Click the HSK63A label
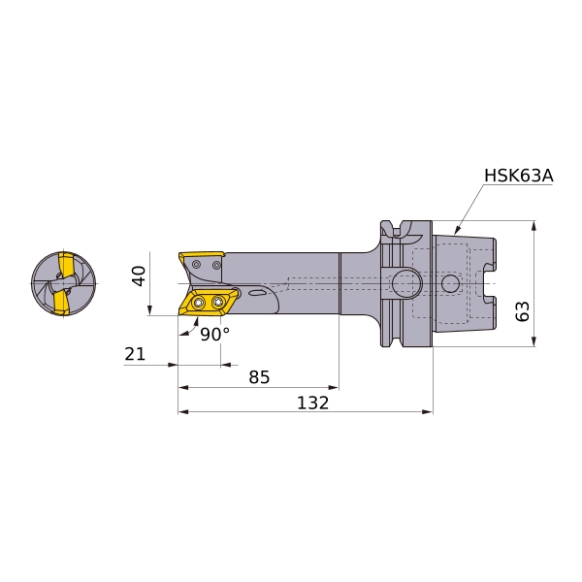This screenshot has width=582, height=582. pyautogui.click(x=519, y=176)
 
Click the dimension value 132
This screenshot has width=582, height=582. pyautogui.click(x=313, y=403)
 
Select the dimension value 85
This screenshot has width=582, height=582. pyautogui.click(x=259, y=377)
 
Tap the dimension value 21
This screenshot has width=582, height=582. pyautogui.click(x=135, y=354)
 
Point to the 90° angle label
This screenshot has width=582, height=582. pyautogui.click(x=215, y=335)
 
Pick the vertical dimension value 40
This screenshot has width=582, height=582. pyautogui.click(x=139, y=275)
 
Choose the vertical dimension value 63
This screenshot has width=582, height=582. pyautogui.click(x=522, y=311)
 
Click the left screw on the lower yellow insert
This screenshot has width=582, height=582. pyautogui.click(x=198, y=304)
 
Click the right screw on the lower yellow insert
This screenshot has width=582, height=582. pyautogui.click(x=217, y=303)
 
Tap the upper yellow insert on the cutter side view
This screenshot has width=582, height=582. pyautogui.click(x=201, y=256)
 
